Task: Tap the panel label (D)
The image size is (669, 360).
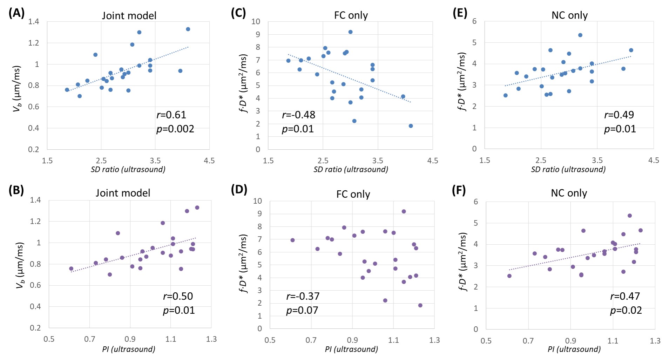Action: coord(239,190)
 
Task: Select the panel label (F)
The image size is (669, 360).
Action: coord(459,190)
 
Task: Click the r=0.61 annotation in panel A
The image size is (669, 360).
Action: coord(171,115)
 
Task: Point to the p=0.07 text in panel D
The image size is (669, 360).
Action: coord(302,310)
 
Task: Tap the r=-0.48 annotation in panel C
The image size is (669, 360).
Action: coord(298,115)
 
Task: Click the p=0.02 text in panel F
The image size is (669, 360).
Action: coord(626,310)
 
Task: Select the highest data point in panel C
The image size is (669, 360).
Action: coord(350,32)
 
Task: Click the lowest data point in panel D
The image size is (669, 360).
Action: coord(420,305)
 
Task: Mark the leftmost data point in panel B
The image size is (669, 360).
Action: coord(71,269)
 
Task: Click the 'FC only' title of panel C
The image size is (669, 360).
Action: coord(351,15)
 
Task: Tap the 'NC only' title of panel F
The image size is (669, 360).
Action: coord(569,193)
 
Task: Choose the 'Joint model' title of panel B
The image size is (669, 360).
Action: coord(123,193)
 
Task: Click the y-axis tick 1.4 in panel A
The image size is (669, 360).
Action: coord(34,22)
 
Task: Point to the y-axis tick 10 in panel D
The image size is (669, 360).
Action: coord(257,201)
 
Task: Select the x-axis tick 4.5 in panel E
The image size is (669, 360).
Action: coord(654,160)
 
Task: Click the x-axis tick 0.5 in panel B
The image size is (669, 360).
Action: coord(49,339)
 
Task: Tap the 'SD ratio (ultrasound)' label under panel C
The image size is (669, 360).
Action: coord(351,170)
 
